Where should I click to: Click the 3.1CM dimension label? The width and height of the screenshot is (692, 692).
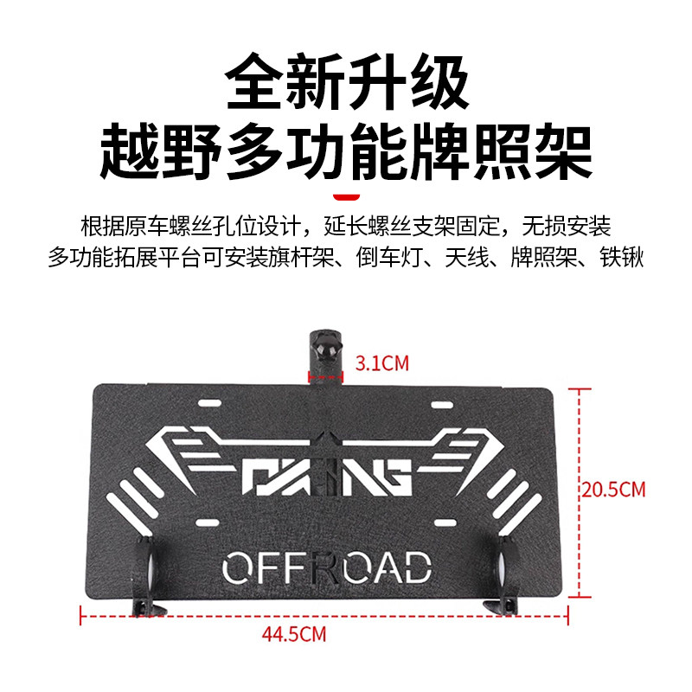(381, 363)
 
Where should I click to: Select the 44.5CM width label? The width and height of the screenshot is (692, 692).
(294, 635)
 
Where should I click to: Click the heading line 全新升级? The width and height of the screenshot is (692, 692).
(346, 83)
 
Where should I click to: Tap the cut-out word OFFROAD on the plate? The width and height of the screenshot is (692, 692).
(326, 568)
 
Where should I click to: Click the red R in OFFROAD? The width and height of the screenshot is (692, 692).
(326, 568)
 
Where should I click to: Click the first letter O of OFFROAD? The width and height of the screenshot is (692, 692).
(237, 568)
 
